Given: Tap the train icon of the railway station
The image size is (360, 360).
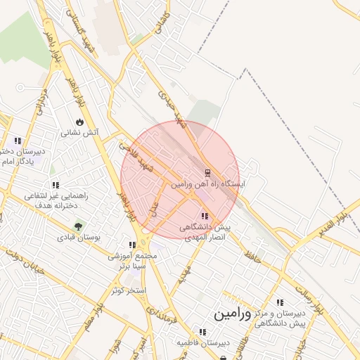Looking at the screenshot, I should (207, 172).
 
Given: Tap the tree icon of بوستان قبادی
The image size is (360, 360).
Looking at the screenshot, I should (78, 226).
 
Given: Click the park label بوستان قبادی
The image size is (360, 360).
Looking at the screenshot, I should (79, 238).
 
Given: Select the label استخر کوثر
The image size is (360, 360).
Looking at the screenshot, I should (128, 290).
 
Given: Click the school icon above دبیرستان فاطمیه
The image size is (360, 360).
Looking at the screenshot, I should (202, 332).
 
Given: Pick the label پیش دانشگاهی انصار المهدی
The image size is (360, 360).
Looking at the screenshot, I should (205, 233).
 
